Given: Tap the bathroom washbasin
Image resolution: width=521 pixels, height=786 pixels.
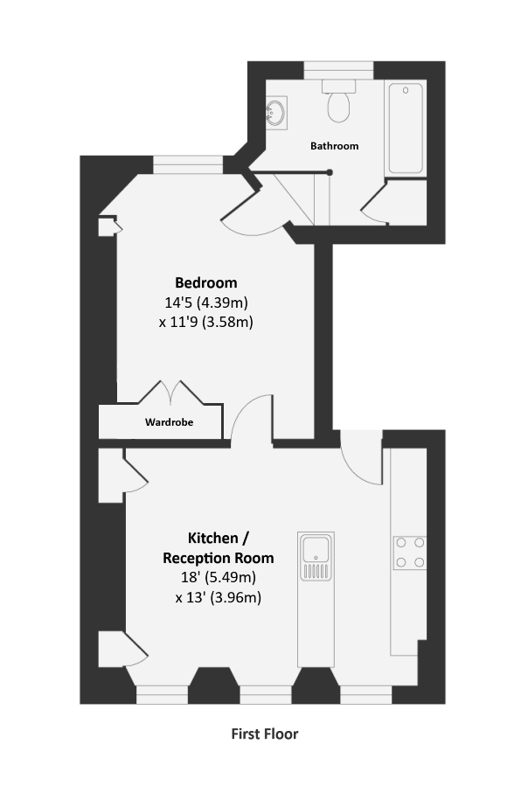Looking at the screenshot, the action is [x=276, y=113].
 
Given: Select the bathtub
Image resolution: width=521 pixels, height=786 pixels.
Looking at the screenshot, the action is [x=406, y=129].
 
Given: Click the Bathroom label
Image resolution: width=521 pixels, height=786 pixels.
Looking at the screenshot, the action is [x=335, y=146].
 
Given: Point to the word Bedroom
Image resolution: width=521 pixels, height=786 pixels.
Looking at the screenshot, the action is [x=206, y=282].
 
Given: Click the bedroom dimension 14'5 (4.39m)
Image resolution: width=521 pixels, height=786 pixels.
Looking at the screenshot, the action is [x=206, y=303].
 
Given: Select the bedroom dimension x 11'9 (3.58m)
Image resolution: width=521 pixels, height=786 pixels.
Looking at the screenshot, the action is [x=206, y=322].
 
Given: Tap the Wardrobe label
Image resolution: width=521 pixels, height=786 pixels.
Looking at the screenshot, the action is [x=169, y=422].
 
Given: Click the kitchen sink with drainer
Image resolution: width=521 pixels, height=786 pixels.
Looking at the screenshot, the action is [x=316, y=556].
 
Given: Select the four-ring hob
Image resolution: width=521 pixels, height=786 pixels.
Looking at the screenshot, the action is [x=410, y=552].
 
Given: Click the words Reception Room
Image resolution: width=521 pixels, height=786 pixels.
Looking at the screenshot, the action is [x=219, y=558].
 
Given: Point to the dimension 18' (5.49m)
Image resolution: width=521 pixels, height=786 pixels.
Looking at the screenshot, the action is [x=219, y=577].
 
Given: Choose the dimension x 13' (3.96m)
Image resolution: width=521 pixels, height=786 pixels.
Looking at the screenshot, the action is [x=219, y=597].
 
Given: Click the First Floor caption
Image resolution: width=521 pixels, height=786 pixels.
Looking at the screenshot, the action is [x=265, y=734].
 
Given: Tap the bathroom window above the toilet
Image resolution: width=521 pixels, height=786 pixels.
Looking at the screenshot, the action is [x=338, y=70].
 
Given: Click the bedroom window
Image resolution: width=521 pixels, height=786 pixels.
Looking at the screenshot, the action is [x=188, y=165].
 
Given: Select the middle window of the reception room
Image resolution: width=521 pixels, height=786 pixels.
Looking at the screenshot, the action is [x=266, y=695].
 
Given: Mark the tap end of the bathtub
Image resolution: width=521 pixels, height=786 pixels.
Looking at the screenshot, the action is [x=406, y=90].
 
